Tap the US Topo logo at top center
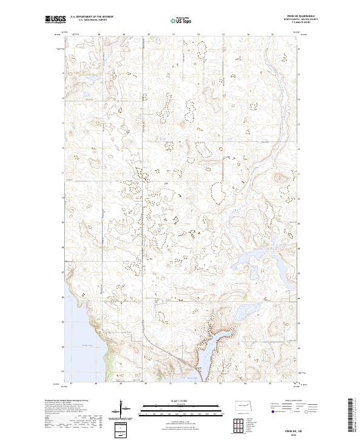182,21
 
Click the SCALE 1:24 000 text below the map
182,402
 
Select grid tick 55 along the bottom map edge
270,384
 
